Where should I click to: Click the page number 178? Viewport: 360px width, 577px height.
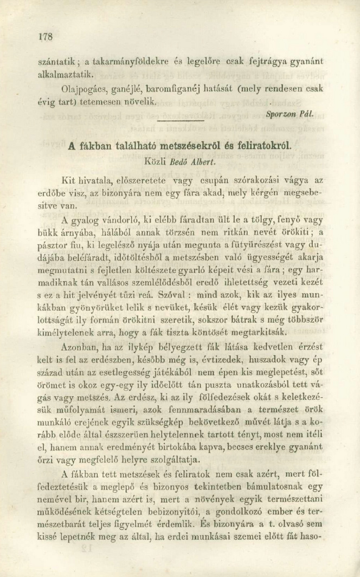[44, 37]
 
